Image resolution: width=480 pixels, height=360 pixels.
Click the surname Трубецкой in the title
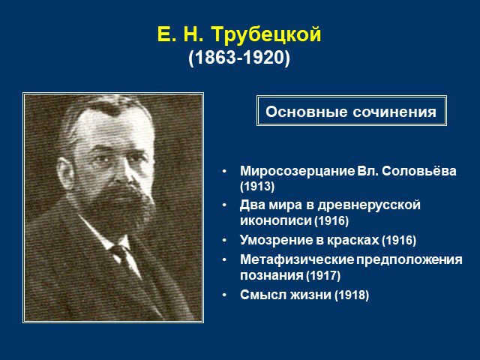pyautogui.click(x=266, y=34)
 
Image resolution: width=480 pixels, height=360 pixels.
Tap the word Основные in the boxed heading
pyautogui.click(x=307, y=112)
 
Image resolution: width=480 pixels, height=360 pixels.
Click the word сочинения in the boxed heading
pyautogui.click(x=394, y=112)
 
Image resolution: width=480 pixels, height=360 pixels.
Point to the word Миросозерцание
pyautogui.click(x=297, y=172)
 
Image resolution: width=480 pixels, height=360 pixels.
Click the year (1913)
pyautogui.click(x=257, y=187)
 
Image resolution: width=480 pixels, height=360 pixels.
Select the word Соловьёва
pyautogui.click(x=419, y=171)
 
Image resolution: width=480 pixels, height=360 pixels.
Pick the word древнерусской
pyautogui.click(x=369, y=205)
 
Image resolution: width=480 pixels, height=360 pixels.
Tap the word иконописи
pyautogui.click(x=275, y=220)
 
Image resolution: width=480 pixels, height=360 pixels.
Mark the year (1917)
pyautogui.click(x=323, y=275)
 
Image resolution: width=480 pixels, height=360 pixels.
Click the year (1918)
pyautogui.click(x=352, y=295)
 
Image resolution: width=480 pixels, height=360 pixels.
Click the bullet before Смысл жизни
pyautogui.click(x=225, y=295)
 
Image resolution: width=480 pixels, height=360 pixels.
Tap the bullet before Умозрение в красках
pyautogui.click(x=225, y=241)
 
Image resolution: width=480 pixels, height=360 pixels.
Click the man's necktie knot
pyautogui.click(x=120, y=250)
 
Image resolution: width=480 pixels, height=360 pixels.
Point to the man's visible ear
pyautogui.click(x=65, y=173)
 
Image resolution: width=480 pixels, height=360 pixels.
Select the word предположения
pyautogui.click(x=409, y=260)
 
